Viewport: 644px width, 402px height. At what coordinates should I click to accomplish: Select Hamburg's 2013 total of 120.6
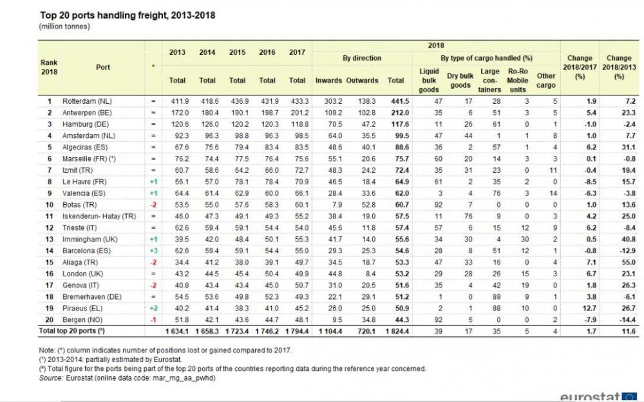click(x=177, y=122)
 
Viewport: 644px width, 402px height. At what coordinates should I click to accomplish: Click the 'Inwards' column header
click(x=328, y=81)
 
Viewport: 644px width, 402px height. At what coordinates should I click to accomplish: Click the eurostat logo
click(x=598, y=396)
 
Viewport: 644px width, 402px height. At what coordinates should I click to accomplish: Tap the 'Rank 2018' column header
click(x=49, y=67)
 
